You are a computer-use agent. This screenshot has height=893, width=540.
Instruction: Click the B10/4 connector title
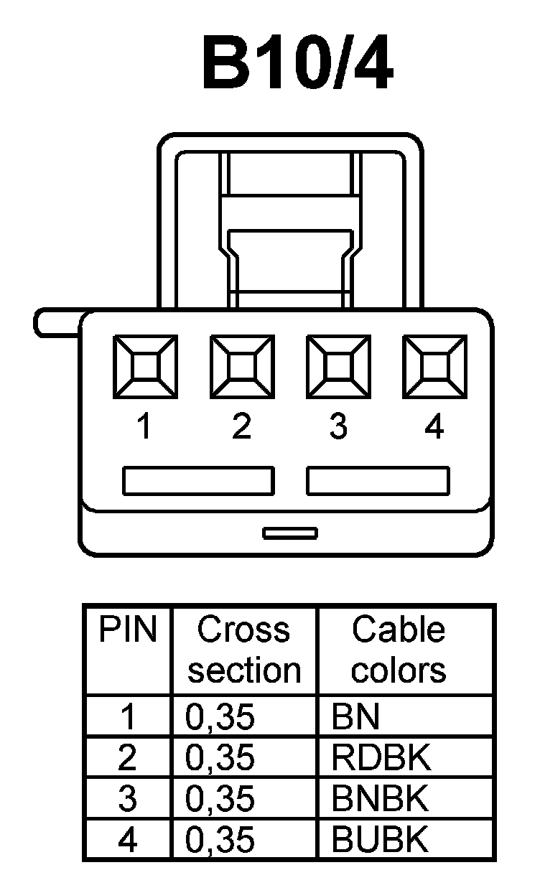click(x=298, y=65)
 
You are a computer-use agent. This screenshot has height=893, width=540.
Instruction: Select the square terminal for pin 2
click(x=242, y=367)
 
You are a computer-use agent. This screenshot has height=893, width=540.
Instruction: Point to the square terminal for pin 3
click(x=338, y=367)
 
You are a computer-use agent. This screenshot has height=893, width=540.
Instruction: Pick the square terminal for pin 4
click(x=434, y=367)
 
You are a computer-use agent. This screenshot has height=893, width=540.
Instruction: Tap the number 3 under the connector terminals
click(x=338, y=428)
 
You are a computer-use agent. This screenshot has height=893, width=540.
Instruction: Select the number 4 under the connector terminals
click(x=434, y=428)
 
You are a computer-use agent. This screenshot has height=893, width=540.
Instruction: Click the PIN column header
click(x=128, y=631)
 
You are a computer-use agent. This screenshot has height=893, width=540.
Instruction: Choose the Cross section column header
click(x=244, y=650)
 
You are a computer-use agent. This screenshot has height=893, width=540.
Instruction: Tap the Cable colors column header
click(x=399, y=650)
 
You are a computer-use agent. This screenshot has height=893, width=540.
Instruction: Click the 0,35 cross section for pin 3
click(x=220, y=799)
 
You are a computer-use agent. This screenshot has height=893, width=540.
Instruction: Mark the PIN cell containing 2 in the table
click(x=127, y=758)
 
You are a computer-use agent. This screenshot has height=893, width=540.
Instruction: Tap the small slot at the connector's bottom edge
click(x=289, y=533)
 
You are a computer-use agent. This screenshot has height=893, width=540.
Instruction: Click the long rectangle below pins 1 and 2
click(x=198, y=481)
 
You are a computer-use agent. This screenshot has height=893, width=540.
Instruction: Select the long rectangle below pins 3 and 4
click(x=378, y=481)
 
